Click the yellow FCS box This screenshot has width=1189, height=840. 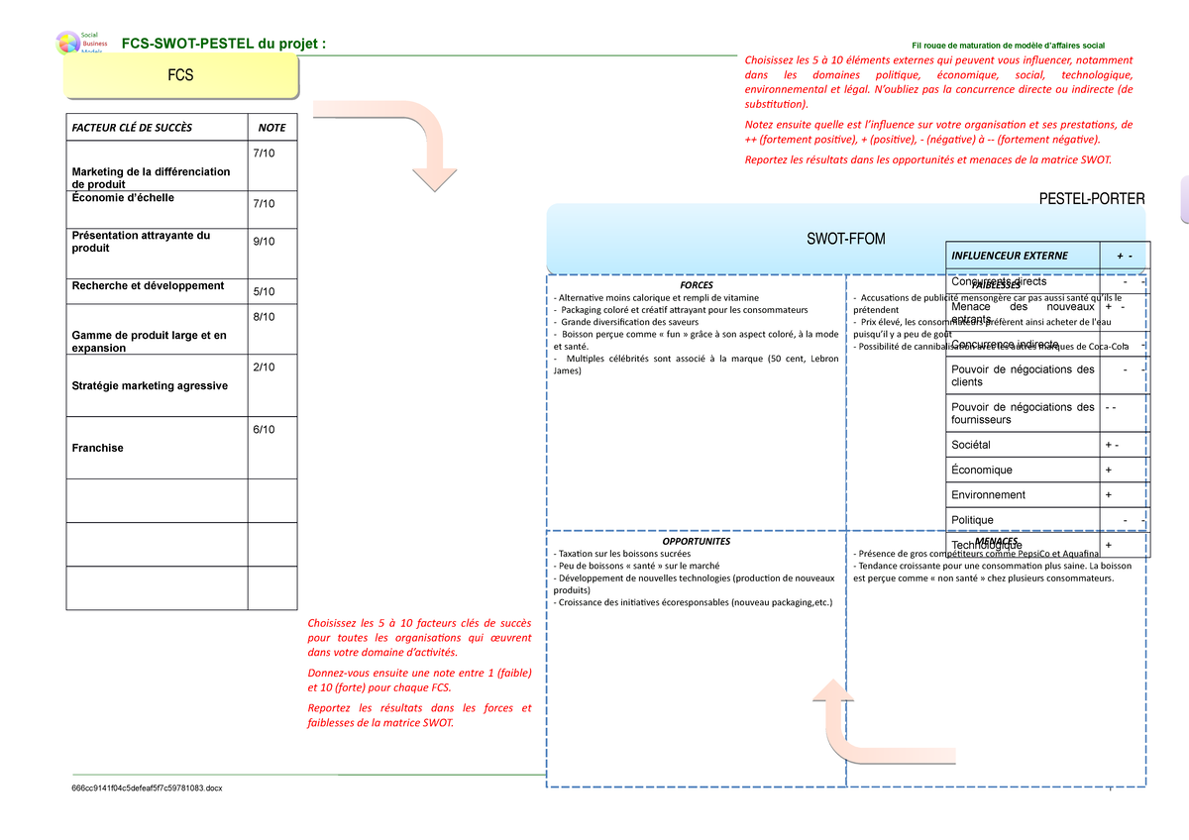click(180, 75)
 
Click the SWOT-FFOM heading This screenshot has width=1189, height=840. click(845, 239)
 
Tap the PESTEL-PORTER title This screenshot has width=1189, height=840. click(1091, 200)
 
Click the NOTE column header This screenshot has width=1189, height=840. click(271, 128)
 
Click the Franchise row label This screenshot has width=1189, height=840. click(98, 448)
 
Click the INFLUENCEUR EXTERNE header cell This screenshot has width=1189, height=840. click(1010, 256)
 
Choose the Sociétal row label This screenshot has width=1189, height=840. click(971, 446)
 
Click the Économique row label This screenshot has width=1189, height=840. click(982, 471)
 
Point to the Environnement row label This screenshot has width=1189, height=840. click(988, 495)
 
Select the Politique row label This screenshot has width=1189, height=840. click(972, 520)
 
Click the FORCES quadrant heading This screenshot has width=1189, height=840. click(696, 285)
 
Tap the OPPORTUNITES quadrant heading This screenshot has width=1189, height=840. click(696, 542)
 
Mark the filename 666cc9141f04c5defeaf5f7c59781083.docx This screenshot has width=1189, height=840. click(147, 787)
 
